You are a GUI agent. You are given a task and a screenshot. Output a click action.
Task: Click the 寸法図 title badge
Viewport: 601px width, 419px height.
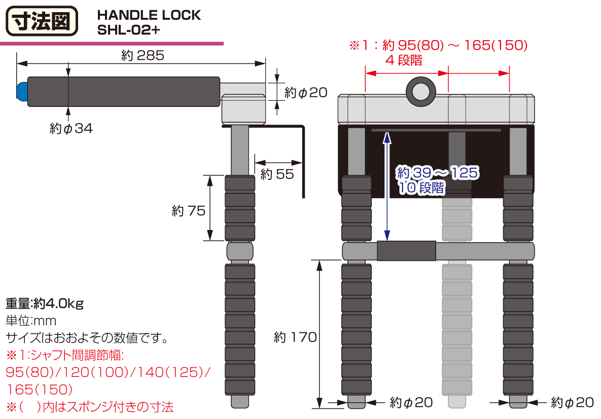click(x=42, y=21)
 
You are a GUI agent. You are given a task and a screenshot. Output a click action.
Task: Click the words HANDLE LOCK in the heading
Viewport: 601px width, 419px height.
click(x=149, y=15)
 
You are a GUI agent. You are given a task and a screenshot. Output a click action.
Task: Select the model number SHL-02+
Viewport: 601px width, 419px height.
click(x=128, y=30)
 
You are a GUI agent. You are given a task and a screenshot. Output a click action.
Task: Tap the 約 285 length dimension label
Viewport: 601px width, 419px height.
click(x=143, y=56)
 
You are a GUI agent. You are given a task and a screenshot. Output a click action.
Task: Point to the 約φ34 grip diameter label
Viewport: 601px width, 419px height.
click(x=72, y=128)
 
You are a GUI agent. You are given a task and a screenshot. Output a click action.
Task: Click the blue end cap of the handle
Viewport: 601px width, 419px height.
click(x=22, y=92)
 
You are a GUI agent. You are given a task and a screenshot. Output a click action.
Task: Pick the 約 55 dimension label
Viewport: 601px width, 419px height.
click(x=277, y=174)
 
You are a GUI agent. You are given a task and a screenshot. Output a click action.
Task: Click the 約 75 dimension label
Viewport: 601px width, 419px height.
click(x=189, y=211)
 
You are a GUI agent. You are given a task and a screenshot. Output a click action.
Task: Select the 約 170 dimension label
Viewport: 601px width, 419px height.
click(x=295, y=337)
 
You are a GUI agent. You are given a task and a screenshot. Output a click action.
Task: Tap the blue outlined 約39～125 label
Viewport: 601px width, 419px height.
click(x=437, y=173)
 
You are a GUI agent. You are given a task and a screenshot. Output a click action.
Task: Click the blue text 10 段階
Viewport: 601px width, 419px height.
click(x=421, y=187)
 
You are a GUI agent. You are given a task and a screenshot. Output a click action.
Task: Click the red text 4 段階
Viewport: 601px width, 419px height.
click(x=404, y=60)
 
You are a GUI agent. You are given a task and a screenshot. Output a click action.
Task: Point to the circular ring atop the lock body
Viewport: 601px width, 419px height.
click(x=421, y=92)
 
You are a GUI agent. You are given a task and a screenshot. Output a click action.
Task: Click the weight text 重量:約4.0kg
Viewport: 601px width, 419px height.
click(x=45, y=303)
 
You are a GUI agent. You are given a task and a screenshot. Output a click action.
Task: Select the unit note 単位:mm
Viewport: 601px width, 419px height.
click(x=30, y=321)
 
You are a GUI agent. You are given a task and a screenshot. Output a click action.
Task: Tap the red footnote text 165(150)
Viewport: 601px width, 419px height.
click(x=40, y=390)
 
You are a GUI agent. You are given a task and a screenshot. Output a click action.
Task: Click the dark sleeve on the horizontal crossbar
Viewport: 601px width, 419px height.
click(x=406, y=251)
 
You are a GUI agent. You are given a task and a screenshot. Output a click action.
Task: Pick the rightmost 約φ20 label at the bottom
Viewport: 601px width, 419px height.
click(x=572, y=402)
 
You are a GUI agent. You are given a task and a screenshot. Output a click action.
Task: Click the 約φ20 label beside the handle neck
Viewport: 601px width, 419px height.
click(x=306, y=92)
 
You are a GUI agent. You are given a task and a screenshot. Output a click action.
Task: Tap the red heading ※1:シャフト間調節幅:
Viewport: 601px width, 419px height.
click(x=65, y=355)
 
